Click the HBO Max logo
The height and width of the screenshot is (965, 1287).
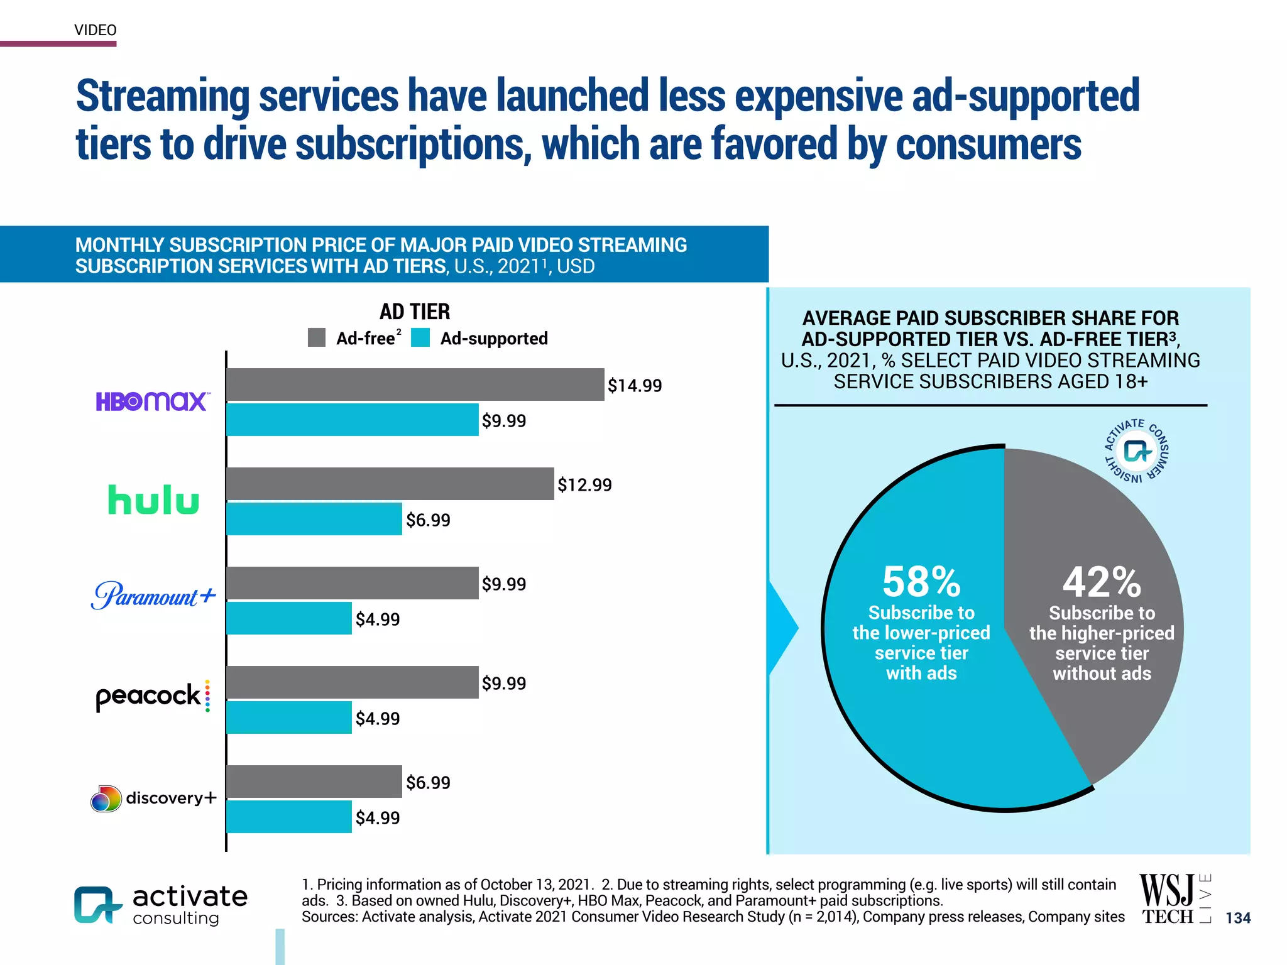click(x=151, y=401)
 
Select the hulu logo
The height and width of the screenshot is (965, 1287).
click(x=153, y=500)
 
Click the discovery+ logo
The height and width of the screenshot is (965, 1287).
click(x=154, y=798)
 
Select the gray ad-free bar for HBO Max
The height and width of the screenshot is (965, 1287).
click(x=415, y=384)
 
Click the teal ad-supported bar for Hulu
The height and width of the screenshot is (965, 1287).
click(x=314, y=519)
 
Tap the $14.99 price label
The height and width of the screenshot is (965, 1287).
click(x=635, y=385)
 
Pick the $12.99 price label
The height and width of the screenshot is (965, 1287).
click(x=584, y=484)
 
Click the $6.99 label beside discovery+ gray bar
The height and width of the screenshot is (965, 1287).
click(x=428, y=782)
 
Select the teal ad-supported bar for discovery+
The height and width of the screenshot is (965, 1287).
click(x=289, y=817)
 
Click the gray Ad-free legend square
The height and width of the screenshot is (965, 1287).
click(x=317, y=337)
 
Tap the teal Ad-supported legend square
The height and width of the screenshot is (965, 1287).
click(x=420, y=337)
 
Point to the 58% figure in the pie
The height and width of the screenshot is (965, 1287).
click(x=921, y=582)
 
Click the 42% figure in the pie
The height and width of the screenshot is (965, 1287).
click(x=1102, y=582)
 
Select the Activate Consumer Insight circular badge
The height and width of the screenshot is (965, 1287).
click(x=1137, y=451)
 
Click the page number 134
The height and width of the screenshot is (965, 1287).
click(x=1238, y=918)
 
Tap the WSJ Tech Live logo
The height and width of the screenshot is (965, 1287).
click(x=1174, y=900)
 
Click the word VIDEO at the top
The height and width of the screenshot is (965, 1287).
click(x=96, y=30)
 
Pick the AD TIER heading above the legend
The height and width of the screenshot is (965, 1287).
click(x=415, y=312)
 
